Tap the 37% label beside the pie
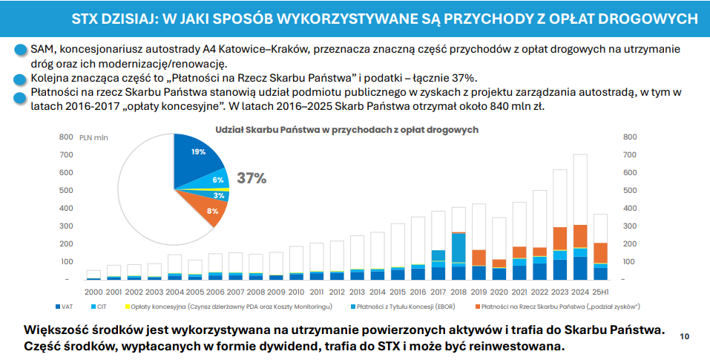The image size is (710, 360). (252, 178)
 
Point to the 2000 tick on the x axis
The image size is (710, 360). (93, 292)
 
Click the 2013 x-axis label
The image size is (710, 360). (357, 292)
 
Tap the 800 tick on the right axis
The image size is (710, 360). (631, 137)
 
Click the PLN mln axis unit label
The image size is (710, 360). (94, 137)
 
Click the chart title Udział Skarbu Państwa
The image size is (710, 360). (346, 129)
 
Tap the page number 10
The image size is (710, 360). (684, 336)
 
